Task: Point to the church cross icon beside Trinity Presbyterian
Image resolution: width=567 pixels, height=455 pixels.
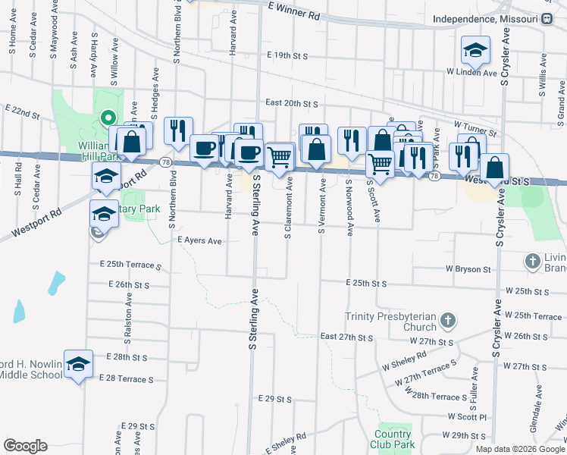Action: (x=448, y=320)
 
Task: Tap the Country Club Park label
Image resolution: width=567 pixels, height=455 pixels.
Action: (x=393, y=440)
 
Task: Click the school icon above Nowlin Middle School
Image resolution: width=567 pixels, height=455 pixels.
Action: (x=78, y=365)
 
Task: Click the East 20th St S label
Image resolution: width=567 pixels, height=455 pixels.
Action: (x=291, y=102)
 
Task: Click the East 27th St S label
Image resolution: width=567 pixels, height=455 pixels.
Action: (x=347, y=336)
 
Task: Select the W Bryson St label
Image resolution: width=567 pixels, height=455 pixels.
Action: (x=468, y=268)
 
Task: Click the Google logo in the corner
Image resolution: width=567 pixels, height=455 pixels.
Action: (x=25, y=445)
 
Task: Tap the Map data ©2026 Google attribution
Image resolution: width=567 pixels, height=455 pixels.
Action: (x=519, y=449)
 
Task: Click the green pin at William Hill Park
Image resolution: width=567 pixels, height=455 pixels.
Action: (x=108, y=118)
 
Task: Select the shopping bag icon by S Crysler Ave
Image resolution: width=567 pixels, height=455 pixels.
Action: (x=494, y=167)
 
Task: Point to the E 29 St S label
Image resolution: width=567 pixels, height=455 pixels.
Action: (x=274, y=398)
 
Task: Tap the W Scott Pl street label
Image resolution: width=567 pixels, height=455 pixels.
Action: (x=466, y=416)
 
